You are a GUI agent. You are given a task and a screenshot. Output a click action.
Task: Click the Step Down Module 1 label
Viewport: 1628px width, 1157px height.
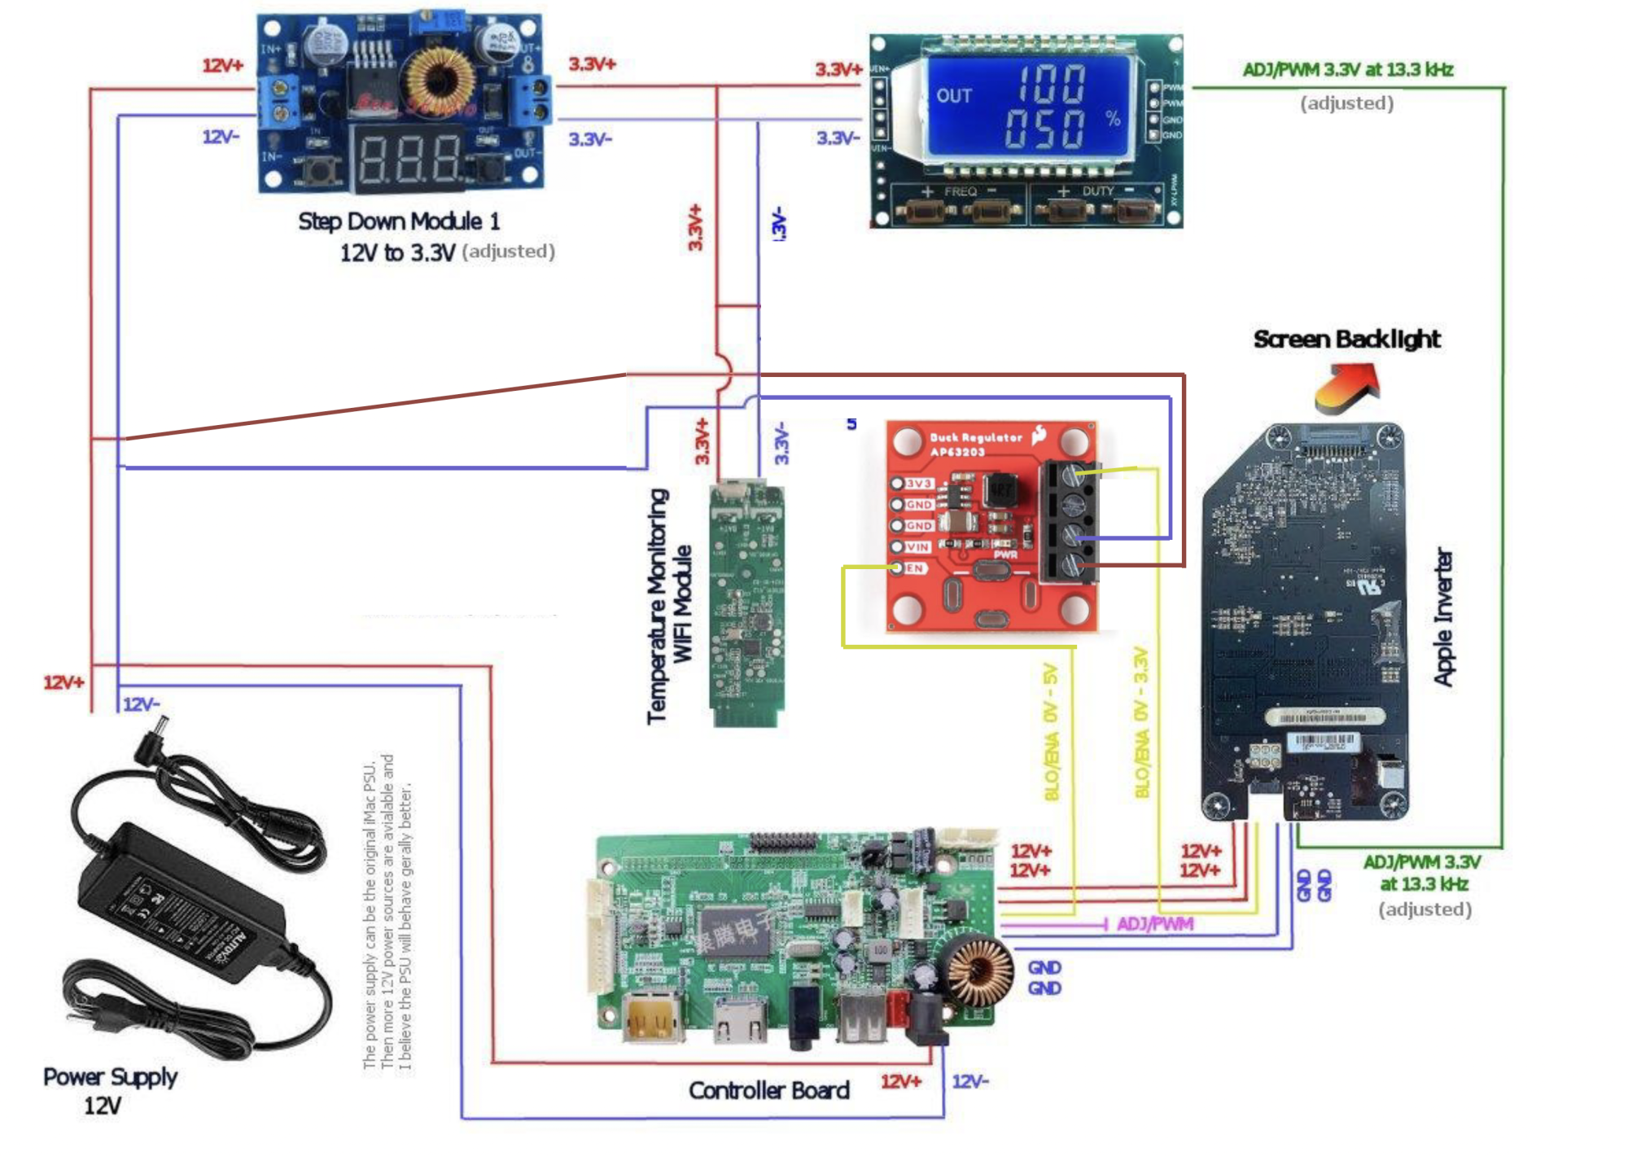pos(399,221)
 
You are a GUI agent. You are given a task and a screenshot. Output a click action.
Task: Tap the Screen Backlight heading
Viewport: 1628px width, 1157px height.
pos(1346,339)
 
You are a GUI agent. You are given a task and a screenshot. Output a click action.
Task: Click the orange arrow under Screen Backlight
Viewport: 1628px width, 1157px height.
pos(1347,386)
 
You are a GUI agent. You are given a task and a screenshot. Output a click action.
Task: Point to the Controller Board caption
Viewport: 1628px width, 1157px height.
pos(768,1090)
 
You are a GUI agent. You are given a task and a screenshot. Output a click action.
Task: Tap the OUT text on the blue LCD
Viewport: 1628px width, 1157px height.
pos(953,96)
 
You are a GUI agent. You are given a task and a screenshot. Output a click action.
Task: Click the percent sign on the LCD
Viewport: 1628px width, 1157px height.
pos(1113,118)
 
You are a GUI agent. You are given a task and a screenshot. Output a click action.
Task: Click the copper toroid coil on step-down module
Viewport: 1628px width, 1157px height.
pos(440,80)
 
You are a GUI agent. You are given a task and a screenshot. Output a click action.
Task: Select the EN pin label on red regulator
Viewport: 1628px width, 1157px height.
pos(915,568)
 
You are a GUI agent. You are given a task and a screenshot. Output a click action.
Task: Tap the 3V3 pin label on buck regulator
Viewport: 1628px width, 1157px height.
pos(919,484)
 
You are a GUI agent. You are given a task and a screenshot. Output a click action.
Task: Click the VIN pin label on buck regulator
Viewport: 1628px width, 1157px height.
pos(917,547)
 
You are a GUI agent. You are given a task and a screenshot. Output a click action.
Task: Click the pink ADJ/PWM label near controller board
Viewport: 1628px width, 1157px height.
pos(1154,924)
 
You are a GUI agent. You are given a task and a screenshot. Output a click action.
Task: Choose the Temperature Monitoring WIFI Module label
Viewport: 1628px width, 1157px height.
pos(669,606)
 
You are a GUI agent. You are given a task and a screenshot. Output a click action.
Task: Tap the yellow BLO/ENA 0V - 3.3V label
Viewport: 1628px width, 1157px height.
pos(1141,723)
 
